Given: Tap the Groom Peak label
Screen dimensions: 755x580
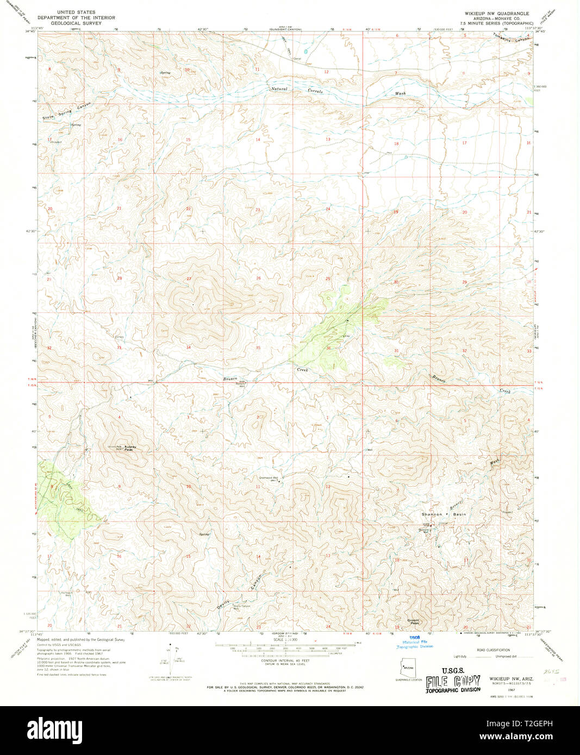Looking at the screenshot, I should pyautogui.click(x=414, y=621).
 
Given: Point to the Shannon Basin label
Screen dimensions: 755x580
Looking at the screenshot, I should pyautogui.click(x=444, y=514).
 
